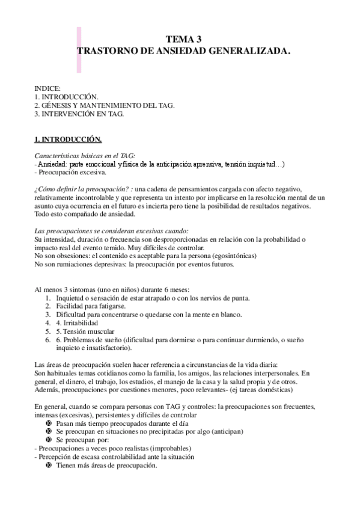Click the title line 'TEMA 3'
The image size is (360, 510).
pos(184,40)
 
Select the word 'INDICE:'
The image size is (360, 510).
pos(47,88)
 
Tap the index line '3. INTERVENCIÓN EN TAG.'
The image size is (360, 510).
pos(79,113)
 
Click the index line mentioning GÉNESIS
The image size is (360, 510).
pos(105,105)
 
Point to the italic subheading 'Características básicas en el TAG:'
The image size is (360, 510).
pos(85,155)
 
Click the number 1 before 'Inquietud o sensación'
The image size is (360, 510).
pos(48,298)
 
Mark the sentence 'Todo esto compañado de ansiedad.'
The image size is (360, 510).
pos(86,214)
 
